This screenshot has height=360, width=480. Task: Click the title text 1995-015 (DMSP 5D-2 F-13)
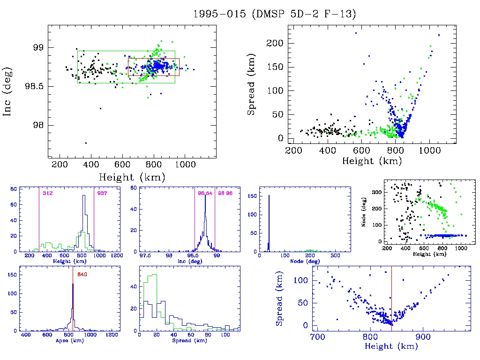tap(275, 14)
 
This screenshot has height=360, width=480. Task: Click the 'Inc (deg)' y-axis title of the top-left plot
tap(8, 91)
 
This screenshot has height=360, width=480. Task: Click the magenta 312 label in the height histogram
tap(47, 193)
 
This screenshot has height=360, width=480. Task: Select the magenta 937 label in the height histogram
tap(102, 193)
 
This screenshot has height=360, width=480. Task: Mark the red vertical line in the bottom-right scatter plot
tap(391, 300)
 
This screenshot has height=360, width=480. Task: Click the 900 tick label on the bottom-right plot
tap(423, 337)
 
